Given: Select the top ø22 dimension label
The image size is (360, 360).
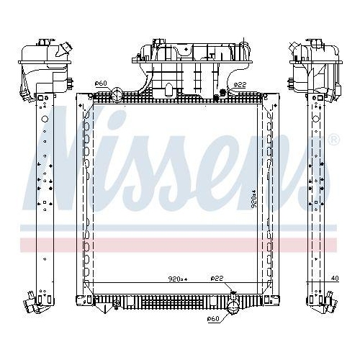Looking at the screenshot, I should pyautogui.click(x=240, y=85).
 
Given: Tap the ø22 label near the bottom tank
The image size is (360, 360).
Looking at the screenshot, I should pyautogui.click(x=215, y=278).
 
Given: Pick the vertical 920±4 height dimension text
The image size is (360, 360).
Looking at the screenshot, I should pyautogui.click(x=253, y=198).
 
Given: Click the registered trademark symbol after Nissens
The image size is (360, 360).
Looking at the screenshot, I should pyautogui.click(x=333, y=139).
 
